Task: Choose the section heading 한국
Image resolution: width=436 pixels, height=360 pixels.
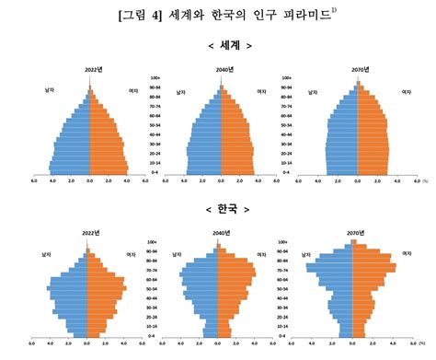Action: tap(218, 209)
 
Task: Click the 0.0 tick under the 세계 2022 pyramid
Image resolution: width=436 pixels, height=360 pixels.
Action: tap(89, 181)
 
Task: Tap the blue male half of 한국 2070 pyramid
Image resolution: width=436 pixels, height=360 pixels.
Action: tap(335, 285)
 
